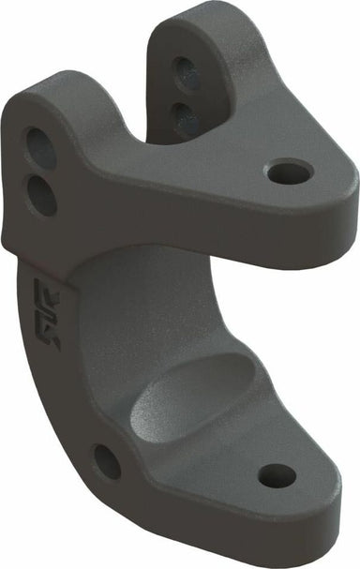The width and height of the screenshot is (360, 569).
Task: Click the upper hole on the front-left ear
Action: (x=39, y=147)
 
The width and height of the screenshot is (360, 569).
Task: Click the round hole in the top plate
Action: (x=290, y=172)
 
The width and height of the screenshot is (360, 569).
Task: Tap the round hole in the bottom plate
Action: (x=277, y=475)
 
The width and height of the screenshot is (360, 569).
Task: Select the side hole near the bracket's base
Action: (x=107, y=461)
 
